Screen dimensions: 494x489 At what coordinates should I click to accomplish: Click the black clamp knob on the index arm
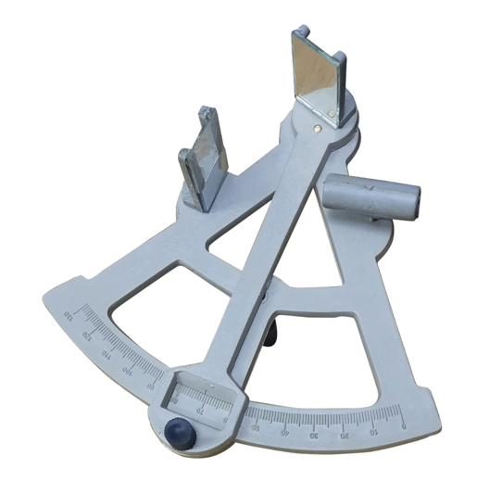click(x=177, y=431)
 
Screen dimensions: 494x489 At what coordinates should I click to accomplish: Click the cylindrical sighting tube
click(x=370, y=196)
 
